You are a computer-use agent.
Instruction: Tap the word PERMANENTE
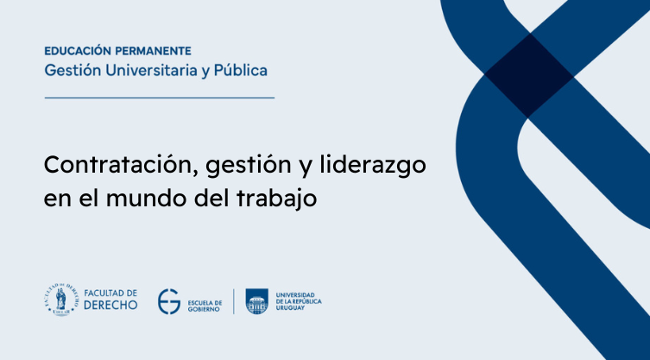pyautogui.click(x=153, y=51)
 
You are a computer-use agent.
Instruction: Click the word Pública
pyautogui.click(x=241, y=70)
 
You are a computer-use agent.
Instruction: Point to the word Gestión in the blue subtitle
pyautogui.click(x=73, y=71)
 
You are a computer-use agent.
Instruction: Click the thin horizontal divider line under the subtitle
pyautogui.click(x=160, y=98)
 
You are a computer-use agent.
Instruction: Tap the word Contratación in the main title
pyautogui.click(x=121, y=166)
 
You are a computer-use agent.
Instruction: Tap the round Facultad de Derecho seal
pyautogui.click(x=61, y=300)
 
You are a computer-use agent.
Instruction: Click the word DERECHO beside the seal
pyautogui.click(x=110, y=306)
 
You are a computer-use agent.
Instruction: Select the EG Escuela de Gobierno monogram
pyautogui.click(x=168, y=301)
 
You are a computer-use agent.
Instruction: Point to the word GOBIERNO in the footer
pyautogui.click(x=204, y=310)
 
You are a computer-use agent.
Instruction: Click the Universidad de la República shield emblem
pyautogui.click(x=257, y=301)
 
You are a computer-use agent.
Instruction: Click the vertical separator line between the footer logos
pyautogui.click(x=233, y=301)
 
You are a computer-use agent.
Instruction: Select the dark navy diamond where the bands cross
pyautogui.click(x=529, y=76)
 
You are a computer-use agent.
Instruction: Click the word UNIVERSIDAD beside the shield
pyautogui.click(x=295, y=295)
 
